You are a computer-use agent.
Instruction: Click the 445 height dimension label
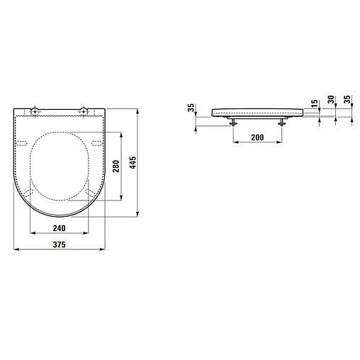(x=133, y=162)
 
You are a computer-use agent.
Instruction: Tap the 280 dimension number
(x=116, y=167)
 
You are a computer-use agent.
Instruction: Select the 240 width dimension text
(x=59, y=228)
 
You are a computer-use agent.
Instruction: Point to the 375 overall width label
(x=59, y=244)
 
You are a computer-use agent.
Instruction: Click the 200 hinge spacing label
(x=257, y=137)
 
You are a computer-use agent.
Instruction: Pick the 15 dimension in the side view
(x=314, y=103)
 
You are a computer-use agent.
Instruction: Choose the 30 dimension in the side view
(x=331, y=99)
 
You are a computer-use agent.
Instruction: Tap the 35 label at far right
(x=347, y=99)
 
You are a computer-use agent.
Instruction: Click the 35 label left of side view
(x=191, y=108)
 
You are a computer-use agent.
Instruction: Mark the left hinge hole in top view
(x=35, y=111)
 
